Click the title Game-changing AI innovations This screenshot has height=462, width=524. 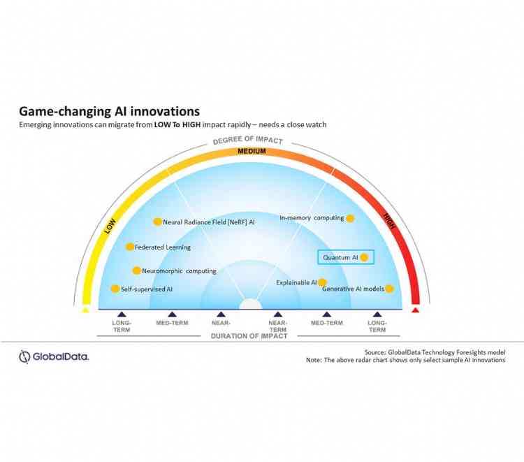[x=109, y=111]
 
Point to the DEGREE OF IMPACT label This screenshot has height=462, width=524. [x=247, y=140]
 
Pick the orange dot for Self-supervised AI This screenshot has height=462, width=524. [x=115, y=289]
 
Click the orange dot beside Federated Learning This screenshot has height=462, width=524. [x=129, y=247]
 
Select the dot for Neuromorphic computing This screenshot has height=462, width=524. [x=136, y=270]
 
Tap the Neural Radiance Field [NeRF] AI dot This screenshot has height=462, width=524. [x=158, y=222]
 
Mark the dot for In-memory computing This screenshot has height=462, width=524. [x=350, y=218]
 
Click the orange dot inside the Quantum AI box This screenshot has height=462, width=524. [x=364, y=257]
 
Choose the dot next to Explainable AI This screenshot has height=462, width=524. [x=322, y=282]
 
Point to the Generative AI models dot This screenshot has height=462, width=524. [x=389, y=289]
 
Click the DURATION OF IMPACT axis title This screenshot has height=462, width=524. [x=249, y=336]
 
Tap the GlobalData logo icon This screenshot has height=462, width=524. [x=26, y=356]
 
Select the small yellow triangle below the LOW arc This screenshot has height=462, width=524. [x=85, y=310]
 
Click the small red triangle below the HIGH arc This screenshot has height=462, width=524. [x=416, y=310]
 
